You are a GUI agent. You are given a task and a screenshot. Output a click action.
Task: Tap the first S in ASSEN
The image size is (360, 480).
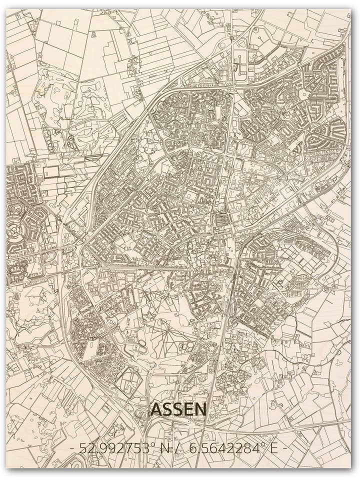167,409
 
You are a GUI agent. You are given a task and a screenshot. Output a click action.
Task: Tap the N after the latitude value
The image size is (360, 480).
163,448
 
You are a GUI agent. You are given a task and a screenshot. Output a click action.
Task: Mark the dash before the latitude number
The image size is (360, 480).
72,448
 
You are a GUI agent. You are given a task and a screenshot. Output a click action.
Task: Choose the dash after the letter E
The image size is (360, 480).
284,448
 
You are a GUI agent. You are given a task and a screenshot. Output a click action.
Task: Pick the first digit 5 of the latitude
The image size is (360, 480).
83,448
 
